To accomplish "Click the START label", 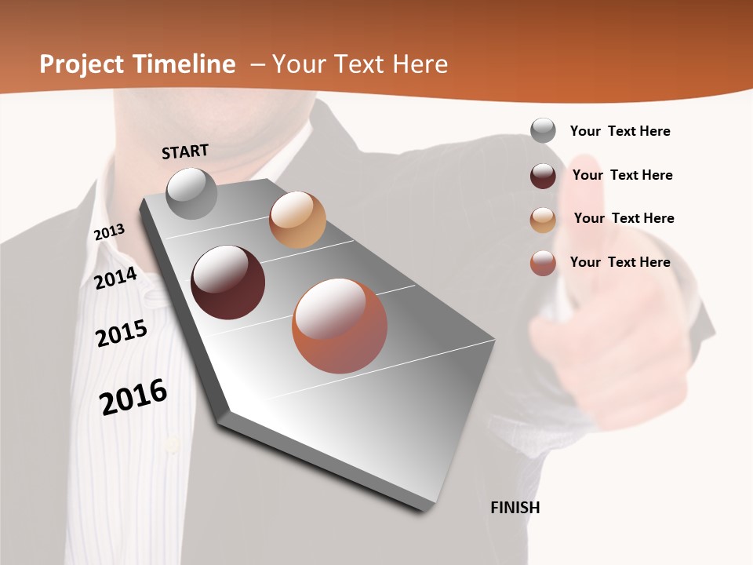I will (x=185, y=151).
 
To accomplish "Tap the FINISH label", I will (x=515, y=508).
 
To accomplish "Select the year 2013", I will (x=109, y=232).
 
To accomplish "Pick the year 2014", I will (x=115, y=278).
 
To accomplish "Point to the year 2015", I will (x=122, y=334).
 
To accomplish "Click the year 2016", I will (x=133, y=397).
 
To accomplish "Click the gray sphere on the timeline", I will (x=192, y=193).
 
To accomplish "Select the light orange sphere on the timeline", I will (x=297, y=220).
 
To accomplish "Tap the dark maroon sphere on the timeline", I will (x=228, y=282).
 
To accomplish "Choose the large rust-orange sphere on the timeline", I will (x=340, y=326).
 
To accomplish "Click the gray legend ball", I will (x=543, y=130).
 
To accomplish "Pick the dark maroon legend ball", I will (x=543, y=176).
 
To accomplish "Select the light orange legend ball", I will (x=543, y=220).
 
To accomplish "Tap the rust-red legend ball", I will (x=543, y=263).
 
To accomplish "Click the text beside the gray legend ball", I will (x=620, y=131).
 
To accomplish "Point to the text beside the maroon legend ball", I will (x=622, y=175).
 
